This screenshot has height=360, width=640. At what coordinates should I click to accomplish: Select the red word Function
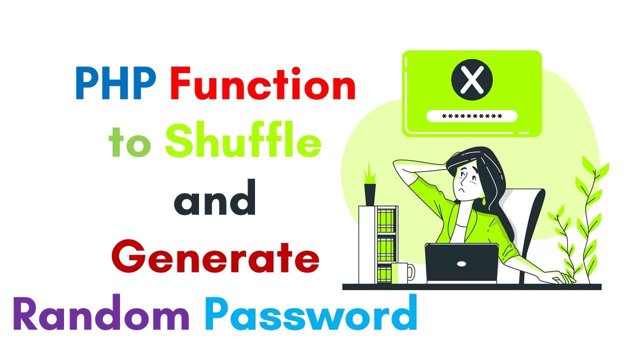[263, 85]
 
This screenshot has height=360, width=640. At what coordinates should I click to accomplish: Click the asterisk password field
[471, 116]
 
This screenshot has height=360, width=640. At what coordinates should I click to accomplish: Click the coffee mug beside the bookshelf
[402, 273]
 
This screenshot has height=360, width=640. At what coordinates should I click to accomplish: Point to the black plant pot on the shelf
[370, 194]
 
